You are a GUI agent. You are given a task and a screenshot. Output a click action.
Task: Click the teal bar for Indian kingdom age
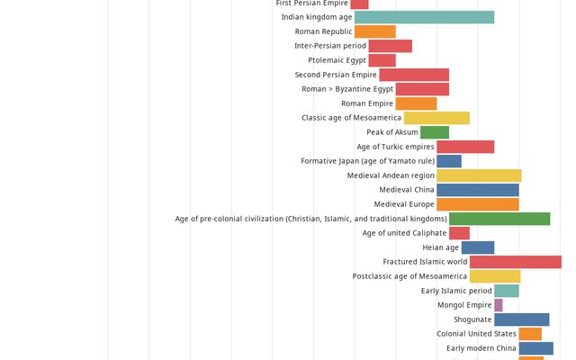(424, 17)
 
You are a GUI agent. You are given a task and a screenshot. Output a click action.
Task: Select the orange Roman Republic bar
(374, 31)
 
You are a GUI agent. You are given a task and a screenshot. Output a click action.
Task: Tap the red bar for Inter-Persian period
(390, 46)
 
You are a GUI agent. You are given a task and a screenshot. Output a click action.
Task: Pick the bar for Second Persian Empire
(414, 75)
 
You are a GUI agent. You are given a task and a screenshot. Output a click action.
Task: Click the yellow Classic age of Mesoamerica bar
(436, 118)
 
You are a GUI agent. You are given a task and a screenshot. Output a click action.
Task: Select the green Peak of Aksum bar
(434, 132)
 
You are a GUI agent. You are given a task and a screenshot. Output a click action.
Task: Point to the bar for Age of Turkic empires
(465, 147)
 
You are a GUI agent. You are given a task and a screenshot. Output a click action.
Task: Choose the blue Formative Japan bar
(449, 161)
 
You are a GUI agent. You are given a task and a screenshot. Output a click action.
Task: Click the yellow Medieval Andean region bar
(479, 175)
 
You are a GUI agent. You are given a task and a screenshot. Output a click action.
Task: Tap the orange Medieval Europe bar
(478, 204)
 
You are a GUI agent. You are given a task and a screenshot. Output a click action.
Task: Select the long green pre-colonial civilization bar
(499, 219)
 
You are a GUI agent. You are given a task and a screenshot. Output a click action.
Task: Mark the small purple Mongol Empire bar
(499, 305)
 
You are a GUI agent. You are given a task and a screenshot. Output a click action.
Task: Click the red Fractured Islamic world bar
(515, 262)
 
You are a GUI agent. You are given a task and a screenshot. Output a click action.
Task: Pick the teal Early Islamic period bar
(507, 291)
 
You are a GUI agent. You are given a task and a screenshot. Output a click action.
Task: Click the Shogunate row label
(472, 319)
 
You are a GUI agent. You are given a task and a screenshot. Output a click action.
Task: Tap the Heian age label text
(441, 247)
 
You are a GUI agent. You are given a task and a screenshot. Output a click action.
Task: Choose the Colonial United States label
(476, 334)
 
